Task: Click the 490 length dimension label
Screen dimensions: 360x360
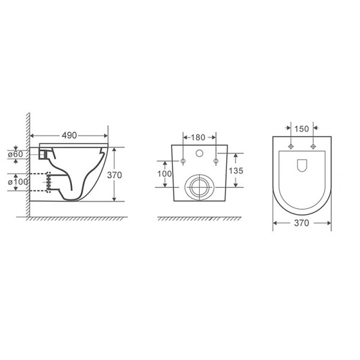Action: [69, 136]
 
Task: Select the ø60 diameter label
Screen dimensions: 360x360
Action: [17, 154]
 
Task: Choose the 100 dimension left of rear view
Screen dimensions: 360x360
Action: [163, 174]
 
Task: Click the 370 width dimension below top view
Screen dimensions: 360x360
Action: [302, 223]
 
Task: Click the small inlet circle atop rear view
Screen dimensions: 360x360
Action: [199, 152]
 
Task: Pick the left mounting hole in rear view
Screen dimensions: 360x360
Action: [182, 161]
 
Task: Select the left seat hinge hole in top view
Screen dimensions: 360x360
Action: [291, 147]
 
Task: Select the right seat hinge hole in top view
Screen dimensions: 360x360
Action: [313, 147]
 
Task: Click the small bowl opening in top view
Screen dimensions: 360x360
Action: [302, 164]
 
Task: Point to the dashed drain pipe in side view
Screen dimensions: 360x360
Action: [39, 182]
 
